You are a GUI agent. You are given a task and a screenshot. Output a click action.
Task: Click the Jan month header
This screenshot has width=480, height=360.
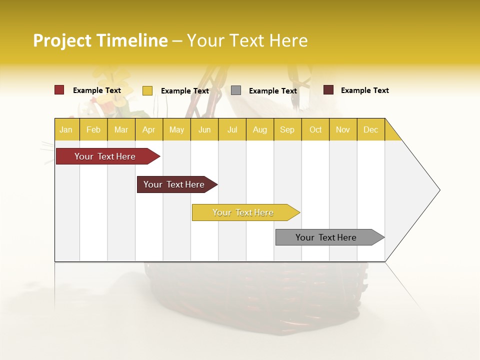tap(66, 129)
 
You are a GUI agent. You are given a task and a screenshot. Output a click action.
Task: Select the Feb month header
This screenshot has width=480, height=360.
tap(93, 129)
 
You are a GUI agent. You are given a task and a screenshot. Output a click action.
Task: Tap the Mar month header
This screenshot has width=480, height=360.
tap(121, 129)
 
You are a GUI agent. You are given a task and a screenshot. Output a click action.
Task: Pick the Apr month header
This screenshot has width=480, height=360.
tap(149, 129)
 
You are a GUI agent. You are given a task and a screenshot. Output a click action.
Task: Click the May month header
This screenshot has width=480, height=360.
tap(176, 129)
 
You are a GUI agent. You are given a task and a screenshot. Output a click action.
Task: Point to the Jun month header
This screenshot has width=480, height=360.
tap(204, 129)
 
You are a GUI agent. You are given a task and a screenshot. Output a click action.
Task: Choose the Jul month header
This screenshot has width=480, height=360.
tap(232, 129)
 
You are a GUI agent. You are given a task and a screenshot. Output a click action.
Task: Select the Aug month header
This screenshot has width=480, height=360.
tap(260, 129)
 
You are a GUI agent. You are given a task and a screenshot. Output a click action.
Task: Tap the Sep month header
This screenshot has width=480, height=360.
tap(287, 129)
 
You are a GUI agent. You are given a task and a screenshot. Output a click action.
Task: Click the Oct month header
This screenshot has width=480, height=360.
tap(315, 129)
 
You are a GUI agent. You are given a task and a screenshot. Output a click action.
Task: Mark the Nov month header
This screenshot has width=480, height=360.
tap(343, 129)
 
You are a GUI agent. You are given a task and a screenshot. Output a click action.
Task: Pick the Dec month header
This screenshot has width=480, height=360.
tap(370, 129)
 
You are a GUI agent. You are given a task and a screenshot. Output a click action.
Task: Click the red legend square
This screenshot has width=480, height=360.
tap(59, 90)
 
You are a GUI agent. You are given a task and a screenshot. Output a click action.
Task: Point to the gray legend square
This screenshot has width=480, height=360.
tap(236, 90)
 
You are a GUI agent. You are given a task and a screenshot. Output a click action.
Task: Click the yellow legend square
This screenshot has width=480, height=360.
tap(147, 90)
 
